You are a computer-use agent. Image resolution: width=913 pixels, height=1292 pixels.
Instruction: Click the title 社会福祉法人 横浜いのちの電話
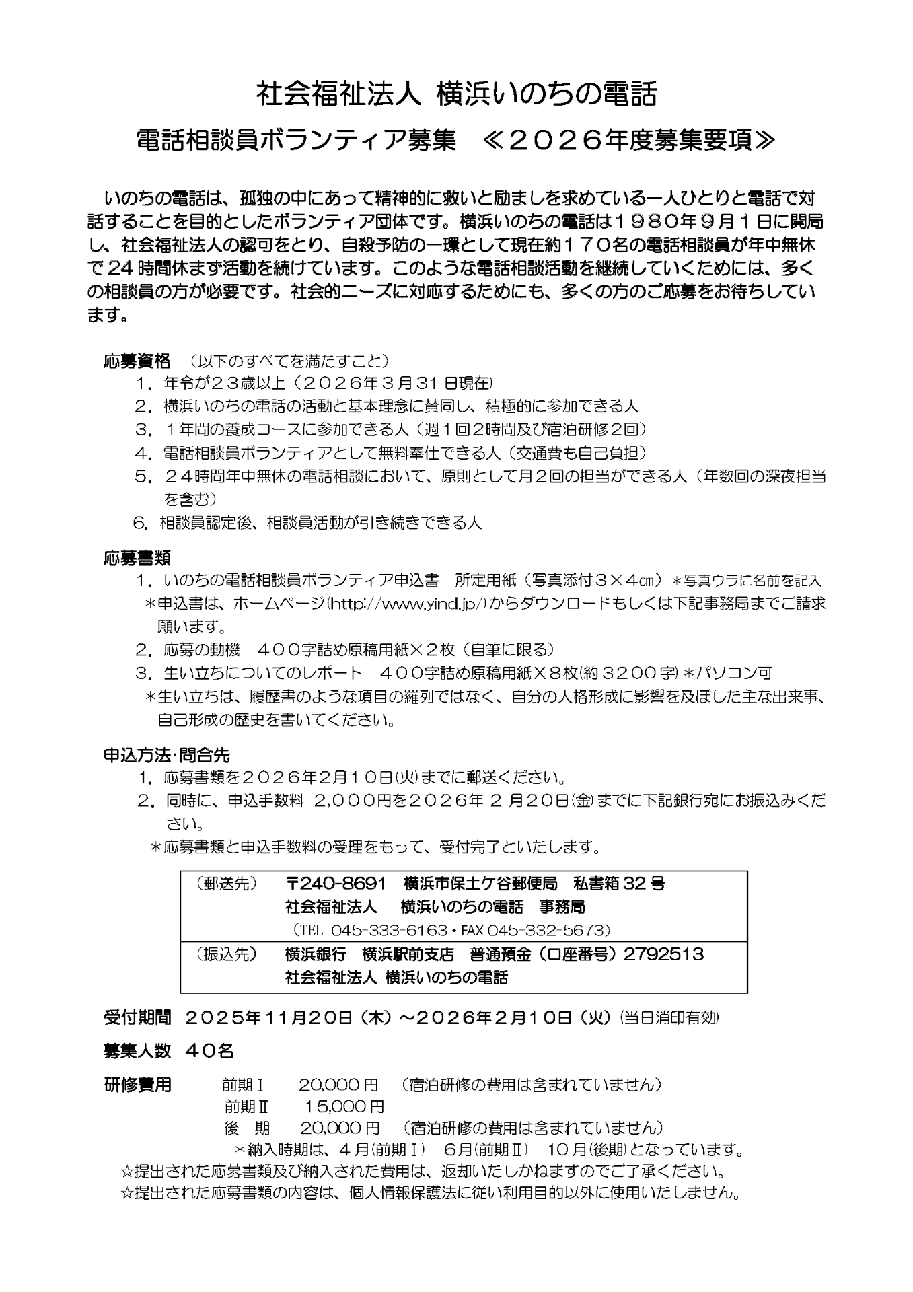pos(455,95)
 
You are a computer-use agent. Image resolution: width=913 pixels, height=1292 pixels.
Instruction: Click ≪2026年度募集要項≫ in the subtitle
pos(628,140)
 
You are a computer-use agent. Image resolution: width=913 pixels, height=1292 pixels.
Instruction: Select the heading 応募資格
pos(137,361)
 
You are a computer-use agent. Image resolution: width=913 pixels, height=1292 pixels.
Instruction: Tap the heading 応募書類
pos(137,558)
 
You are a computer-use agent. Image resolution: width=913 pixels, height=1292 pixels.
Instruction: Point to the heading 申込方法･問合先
pos(167,755)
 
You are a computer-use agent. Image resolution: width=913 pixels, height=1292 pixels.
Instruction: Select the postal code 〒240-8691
pos(336,883)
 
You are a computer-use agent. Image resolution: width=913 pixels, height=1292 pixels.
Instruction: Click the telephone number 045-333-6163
pos(386,930)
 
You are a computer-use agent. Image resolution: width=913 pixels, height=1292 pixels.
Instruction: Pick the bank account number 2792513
pos(663,954)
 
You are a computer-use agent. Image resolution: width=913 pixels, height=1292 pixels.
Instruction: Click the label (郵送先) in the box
pos(226,884)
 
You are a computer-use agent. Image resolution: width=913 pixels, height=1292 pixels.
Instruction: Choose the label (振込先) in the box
pos(226,954)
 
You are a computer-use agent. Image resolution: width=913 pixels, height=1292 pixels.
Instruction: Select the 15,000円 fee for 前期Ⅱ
pos(344,1106)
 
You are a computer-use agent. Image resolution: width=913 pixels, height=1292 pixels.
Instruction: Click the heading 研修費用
pos(137,1085)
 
